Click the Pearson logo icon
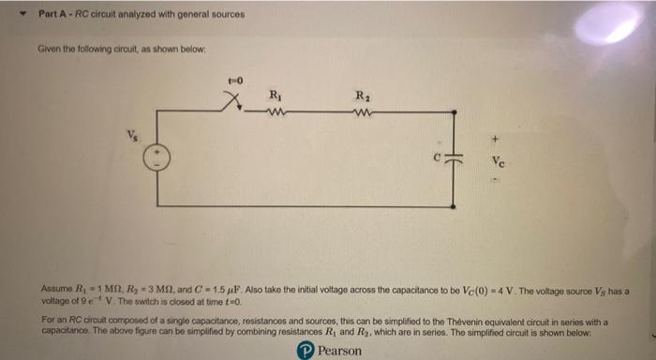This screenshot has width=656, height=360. pos(305,350)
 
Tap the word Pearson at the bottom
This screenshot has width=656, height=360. pos(339,350)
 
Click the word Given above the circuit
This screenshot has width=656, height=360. pos(48,48)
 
